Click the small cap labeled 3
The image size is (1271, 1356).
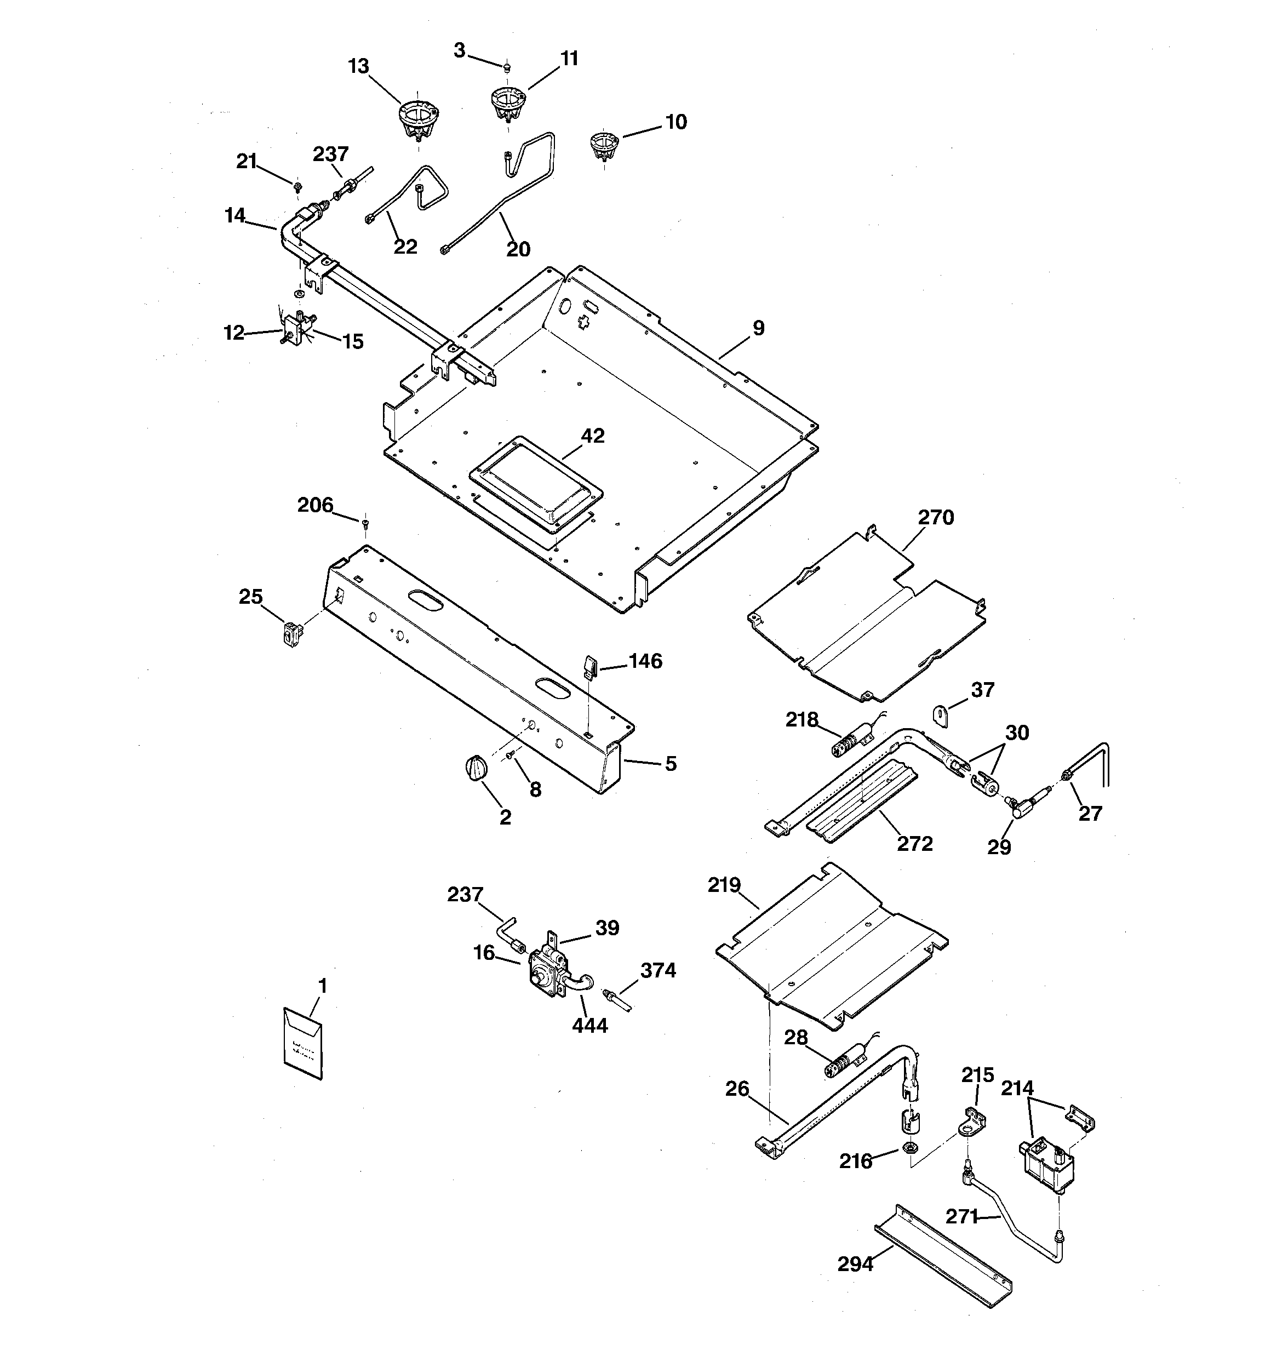[x=507, y=67]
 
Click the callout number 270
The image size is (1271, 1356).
[x=935, y=518]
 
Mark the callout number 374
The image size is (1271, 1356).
[x=657, y=970]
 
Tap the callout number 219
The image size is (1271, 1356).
[x=724, y=885]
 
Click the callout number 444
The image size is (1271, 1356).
[x=589, y=1025]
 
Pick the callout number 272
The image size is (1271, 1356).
[x=914, y=844]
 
